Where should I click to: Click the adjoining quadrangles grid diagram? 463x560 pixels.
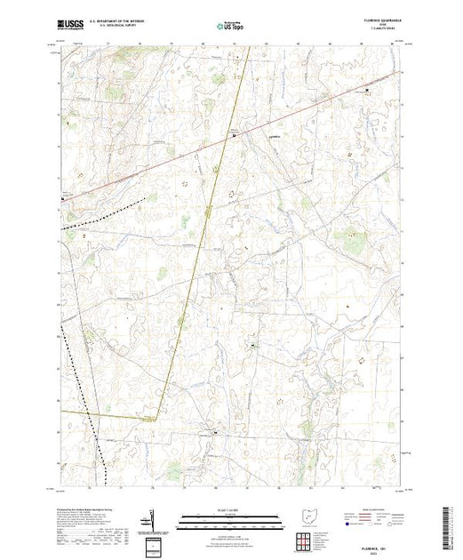306,539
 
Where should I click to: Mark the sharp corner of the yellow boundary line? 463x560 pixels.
157,418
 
